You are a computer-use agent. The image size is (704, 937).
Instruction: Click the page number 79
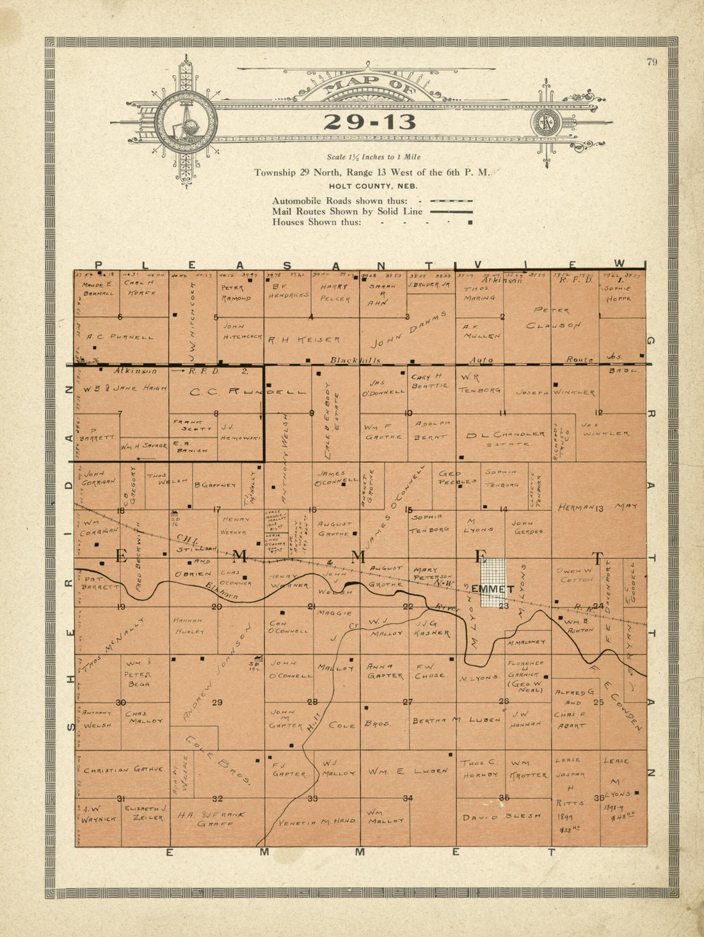(x=652, y=62)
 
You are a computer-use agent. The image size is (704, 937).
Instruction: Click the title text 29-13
(x=369, y=122)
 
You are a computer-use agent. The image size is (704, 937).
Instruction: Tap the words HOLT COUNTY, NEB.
(x=373, y=186)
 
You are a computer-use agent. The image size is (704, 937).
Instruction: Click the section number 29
(x=217, y=703)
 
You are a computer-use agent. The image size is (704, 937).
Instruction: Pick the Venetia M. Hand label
(x=317, y=821)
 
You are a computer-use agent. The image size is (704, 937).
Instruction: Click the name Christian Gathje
(x=124, y=770)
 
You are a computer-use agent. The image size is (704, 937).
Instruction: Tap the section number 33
(x=312, y=798)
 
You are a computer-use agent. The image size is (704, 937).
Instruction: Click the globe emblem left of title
(x=186, y=122)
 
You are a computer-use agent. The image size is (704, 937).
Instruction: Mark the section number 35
(x=504, y=797)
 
